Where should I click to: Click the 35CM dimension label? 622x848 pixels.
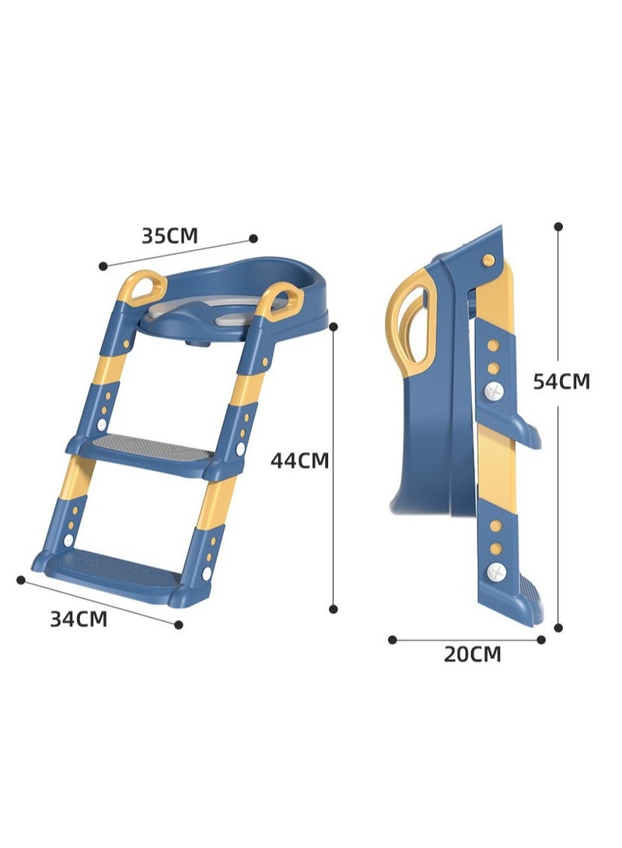(x=169, y=236)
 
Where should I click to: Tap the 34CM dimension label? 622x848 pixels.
(x=79, y=619)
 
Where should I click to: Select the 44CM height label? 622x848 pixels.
(x=299, y=460)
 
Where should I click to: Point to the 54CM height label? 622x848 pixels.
(x=561, y=382)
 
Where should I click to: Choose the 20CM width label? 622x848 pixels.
(x=473, y=654)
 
